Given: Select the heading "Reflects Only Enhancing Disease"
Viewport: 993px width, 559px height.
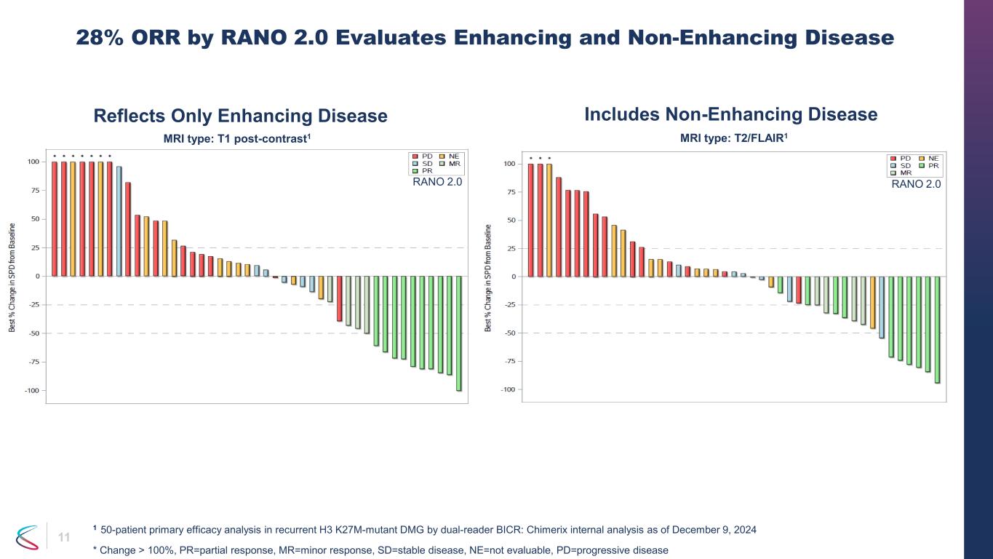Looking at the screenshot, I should pyautogui.click(x=240, y=116).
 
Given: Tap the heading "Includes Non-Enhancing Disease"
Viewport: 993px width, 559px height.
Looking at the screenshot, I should pyautogui.click(x=731, y=114).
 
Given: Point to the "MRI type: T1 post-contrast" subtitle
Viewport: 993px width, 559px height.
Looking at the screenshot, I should pyautogui.click(x=239, y=138).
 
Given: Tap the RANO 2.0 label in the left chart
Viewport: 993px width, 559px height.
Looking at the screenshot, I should pyautogui.click(x=436, y=183).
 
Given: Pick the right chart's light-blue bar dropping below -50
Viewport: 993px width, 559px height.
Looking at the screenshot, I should pyautogui.click(x=882, y=307).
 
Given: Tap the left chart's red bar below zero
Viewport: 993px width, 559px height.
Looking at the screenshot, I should pyautogui.click(x=339, y=298).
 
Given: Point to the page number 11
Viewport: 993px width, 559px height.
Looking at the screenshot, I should pyautogui.click(x=64, y=538).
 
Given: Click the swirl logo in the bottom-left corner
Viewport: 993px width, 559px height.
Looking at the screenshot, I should pyautogui.click(x=28, y=538).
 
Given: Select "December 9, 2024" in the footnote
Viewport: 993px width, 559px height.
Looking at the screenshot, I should pyautogui.click(x=714, y=530).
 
